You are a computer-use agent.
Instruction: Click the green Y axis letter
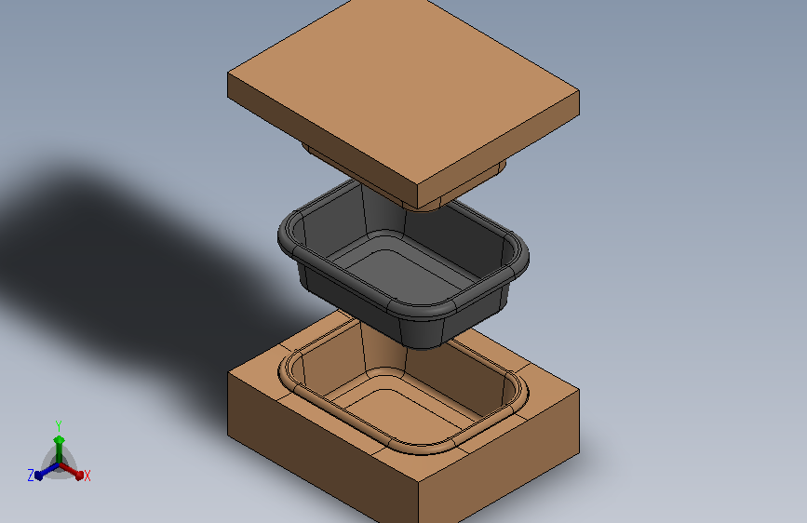tap(59, 425)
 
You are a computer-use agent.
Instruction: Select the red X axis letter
tap(87, 476)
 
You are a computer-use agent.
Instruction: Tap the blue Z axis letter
tap(31, 476)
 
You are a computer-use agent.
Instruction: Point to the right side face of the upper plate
tap(498, 149)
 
